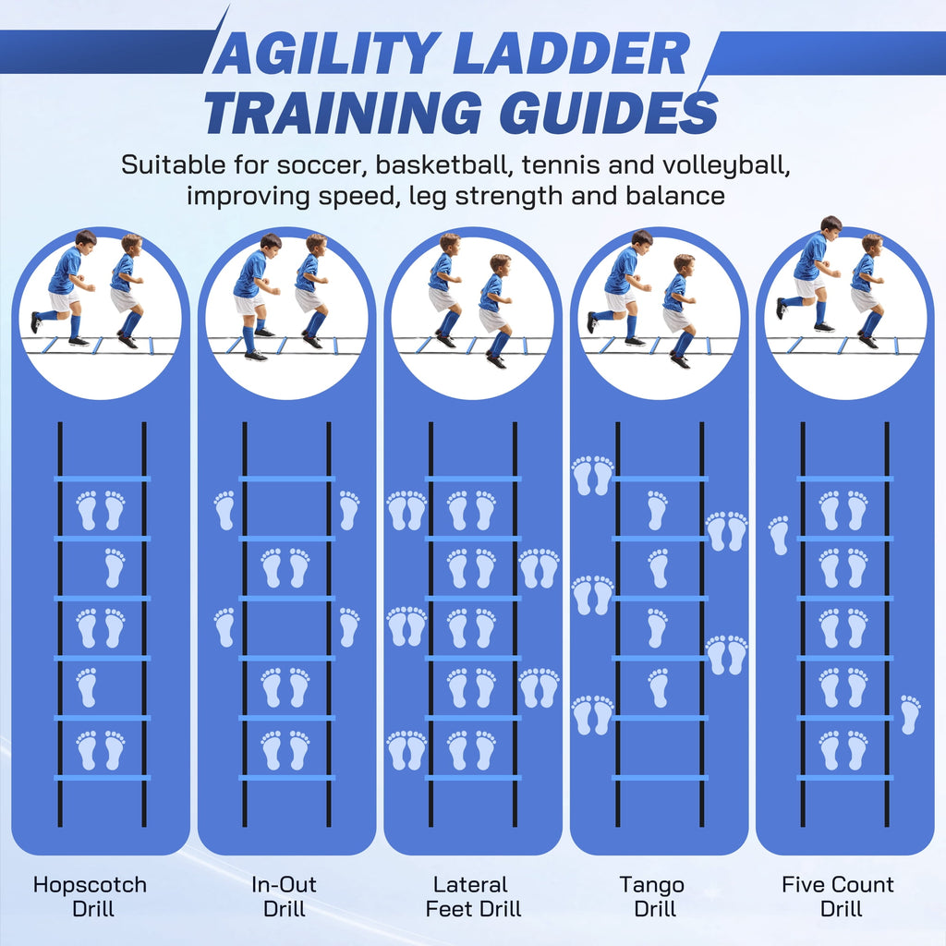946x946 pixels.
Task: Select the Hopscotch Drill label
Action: [91, 896]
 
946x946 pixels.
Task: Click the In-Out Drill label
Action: [285, 896]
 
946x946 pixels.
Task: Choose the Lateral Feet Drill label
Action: [473, 896]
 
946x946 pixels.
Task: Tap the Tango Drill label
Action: [653, 896]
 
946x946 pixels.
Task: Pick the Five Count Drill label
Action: [838, 896]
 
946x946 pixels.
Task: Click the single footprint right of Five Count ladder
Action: [910, 714]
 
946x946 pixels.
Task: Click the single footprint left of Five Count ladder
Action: [779, 535]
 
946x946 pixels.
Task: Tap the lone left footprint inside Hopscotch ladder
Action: [87, 687]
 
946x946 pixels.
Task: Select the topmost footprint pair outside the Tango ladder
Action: [592, 476]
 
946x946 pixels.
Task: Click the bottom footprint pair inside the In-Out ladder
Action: [285, 750]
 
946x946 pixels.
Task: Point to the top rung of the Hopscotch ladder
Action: [102, 479]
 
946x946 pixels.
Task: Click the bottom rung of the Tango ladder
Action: [660, 778]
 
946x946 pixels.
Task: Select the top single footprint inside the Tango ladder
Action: [658, 510]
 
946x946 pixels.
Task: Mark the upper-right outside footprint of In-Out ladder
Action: [349, 510]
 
